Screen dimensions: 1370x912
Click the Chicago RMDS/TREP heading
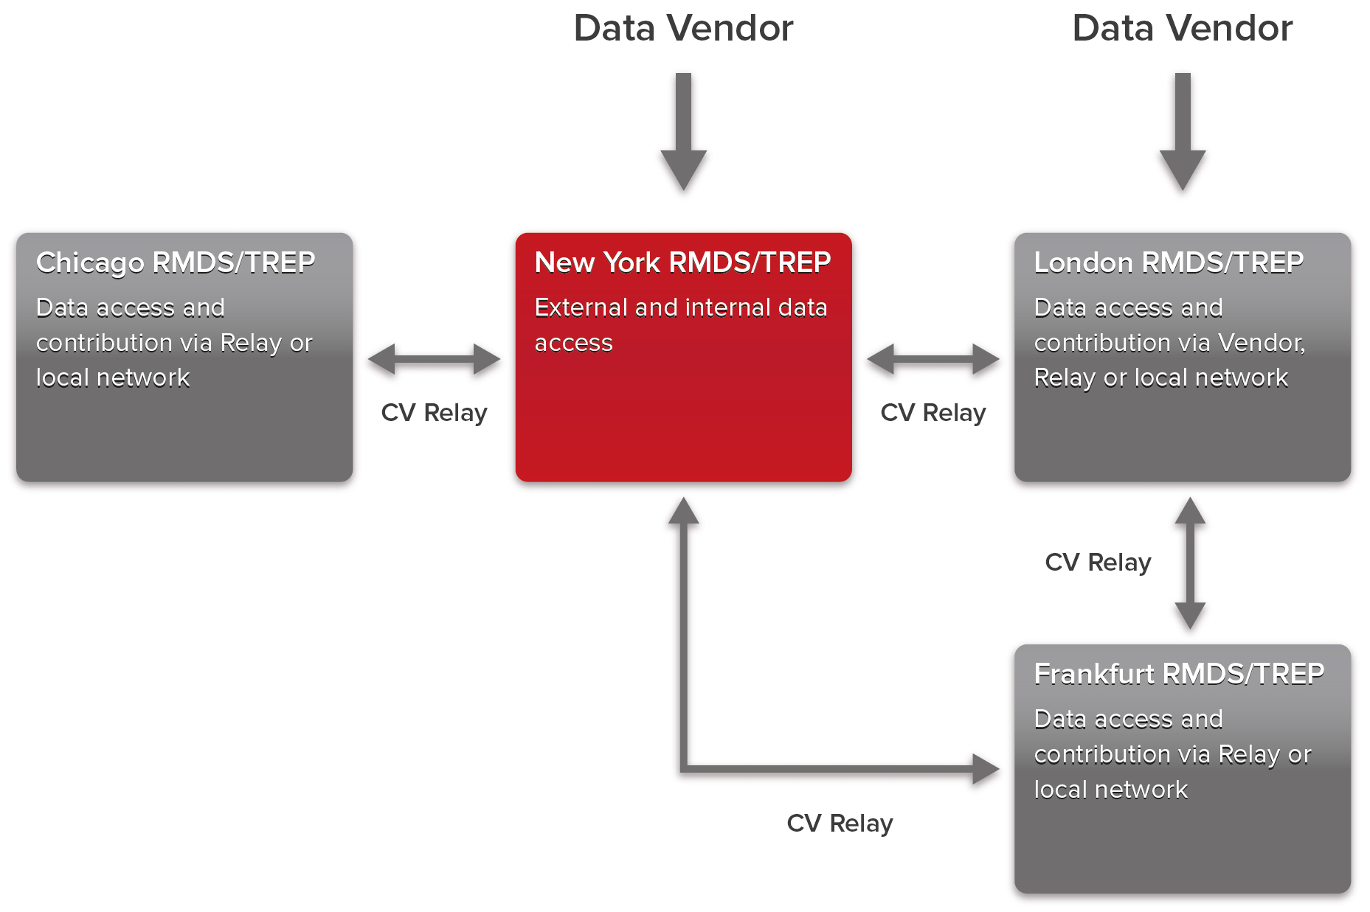tap(176, 263)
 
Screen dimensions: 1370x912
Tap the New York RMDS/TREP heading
tap(682, 262)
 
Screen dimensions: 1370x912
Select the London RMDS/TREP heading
tap(1169, 262)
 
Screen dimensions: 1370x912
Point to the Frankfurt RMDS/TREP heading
tap(1179, 674)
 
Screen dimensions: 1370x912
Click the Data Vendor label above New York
tap(683, 29)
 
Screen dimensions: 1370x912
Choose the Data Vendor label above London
tap(1182, 29)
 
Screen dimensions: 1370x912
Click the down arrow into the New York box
tap(684, 132)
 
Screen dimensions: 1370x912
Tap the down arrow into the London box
tap(1183, 132)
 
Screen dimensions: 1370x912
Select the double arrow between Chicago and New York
tap(434, 359)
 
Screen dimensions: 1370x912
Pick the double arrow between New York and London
tap(933, 359)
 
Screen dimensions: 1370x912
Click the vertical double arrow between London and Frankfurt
tap(1190, 563)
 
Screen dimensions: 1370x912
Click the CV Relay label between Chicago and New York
tap(434, 413)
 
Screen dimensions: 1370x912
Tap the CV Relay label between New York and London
tap(933, 413)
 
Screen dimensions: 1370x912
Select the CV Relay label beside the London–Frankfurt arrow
tap(1098, 563)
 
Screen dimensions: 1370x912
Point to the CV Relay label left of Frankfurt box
tap(840, 824)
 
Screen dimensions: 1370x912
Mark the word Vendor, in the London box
tap(1262, 344)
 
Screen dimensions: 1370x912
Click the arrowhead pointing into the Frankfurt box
tap(986, 769)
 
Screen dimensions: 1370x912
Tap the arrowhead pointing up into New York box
tap(684, 510)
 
